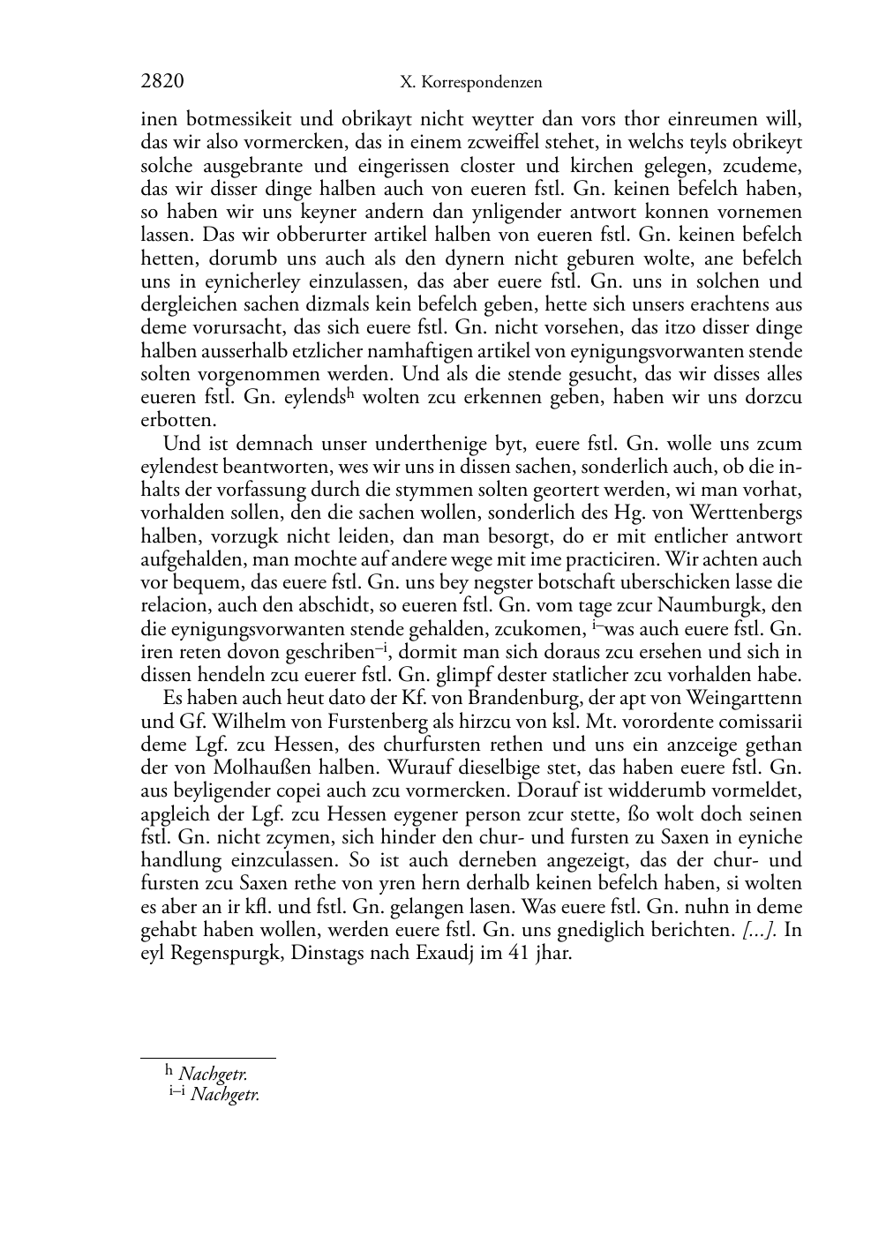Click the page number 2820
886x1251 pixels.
[162, 82]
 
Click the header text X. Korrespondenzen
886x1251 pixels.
[470, 83]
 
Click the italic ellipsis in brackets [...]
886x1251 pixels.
[760, 931]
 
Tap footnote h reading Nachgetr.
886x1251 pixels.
[212, 1074]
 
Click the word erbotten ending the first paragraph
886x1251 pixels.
[178, 420]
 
